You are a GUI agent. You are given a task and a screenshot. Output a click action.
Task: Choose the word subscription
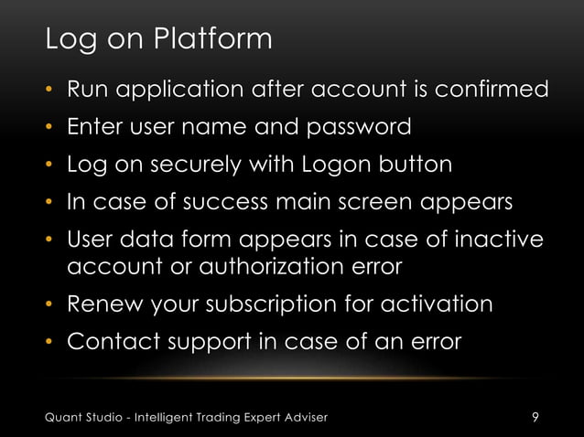(x=278, y=304)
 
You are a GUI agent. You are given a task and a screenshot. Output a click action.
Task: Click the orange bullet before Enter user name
(x=51, y=128)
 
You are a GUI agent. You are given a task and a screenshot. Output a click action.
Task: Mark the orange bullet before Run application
(x=51, y=91)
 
